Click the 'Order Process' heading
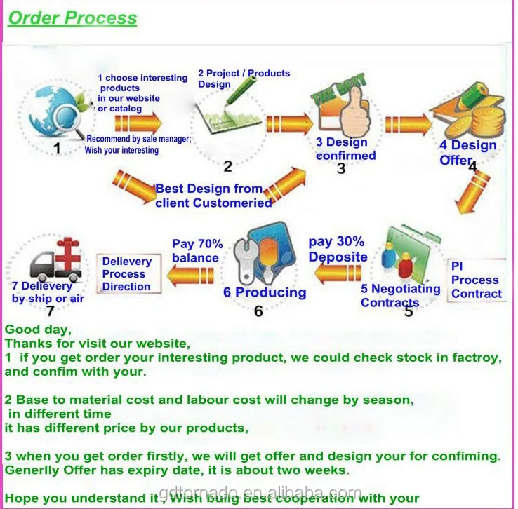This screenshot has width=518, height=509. (x=72, y=18)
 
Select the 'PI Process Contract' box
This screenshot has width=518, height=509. (x=476, y=280)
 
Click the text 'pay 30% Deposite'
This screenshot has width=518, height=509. (x=338, y=250)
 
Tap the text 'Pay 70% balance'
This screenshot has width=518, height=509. (x=197, y=251)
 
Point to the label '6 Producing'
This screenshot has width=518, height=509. (x=265, y=292)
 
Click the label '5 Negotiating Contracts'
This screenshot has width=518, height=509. (x=400, y=296)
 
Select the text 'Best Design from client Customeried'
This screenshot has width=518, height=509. (x=213, y=196)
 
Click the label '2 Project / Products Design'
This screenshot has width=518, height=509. (x=243, y=79)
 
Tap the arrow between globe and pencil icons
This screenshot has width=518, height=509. (x=128, y=124)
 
